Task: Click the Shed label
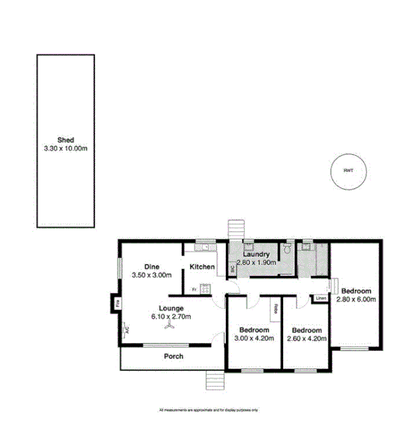(65, 140)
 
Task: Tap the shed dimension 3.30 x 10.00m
(65, 148)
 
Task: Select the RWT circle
(348, 171)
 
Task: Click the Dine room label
(151, 266)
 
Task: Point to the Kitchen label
(202, 266)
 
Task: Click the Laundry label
(255, 255)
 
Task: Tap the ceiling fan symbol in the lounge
(170, 326)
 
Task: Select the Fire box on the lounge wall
(117, 302)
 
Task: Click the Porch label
(173, 356)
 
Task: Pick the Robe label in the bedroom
(275, 309)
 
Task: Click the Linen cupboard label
(321, 299)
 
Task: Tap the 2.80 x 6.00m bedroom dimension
(355, 299)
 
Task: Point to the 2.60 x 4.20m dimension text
(307, 338)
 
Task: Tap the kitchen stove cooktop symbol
(205, 289)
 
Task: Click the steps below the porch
(214, 380)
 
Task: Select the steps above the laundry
(236, 229)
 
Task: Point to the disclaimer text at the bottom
(208, 410)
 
